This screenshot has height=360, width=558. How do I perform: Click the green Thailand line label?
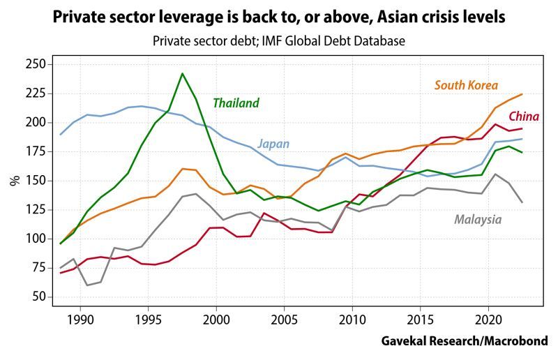pos(236,103)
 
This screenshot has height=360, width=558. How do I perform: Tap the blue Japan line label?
pos(273,144)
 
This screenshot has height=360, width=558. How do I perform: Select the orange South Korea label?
pos(466,86)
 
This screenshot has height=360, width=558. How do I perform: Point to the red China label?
pos(523,117)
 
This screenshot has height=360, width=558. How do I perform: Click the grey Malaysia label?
pos(478,220)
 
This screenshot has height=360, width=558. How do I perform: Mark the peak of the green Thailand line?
pos(182,73)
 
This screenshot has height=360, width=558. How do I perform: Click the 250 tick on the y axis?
pos(35,64)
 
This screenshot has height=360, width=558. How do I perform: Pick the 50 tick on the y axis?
pos(38,297)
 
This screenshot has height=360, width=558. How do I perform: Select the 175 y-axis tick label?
pos(35,122)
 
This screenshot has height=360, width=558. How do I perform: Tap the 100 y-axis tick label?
pos(35,239)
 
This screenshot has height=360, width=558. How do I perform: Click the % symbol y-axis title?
pos(14,180)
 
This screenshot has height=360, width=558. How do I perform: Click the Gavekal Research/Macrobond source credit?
pos(465,341)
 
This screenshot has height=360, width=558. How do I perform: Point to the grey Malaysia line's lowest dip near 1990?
pos(88,285)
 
